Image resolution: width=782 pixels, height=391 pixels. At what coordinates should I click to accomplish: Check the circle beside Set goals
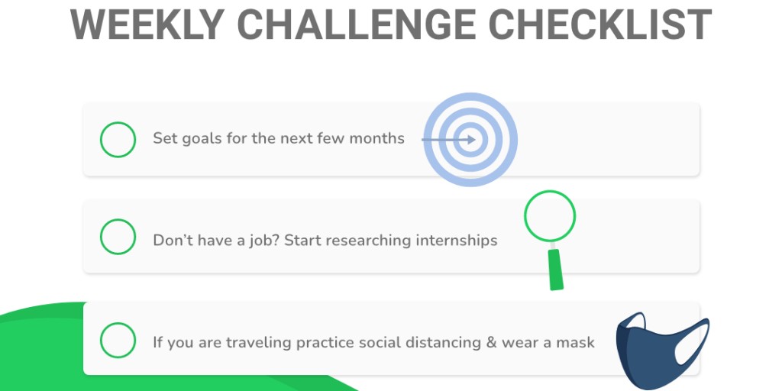(x=118, y=140)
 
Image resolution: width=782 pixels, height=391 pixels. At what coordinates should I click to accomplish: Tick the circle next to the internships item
(x=118, y=237)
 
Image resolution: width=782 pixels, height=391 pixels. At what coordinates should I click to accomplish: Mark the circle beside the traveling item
(x=118, y=341)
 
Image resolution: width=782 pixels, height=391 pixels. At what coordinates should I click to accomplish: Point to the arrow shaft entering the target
(x=439, y=140)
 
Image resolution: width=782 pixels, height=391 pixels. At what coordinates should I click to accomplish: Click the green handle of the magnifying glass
(x=555, y=269)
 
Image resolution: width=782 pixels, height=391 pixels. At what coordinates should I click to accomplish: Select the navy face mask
(x=649, y=351)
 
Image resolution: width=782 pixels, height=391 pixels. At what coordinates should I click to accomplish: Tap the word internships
(x=456, y=241)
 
